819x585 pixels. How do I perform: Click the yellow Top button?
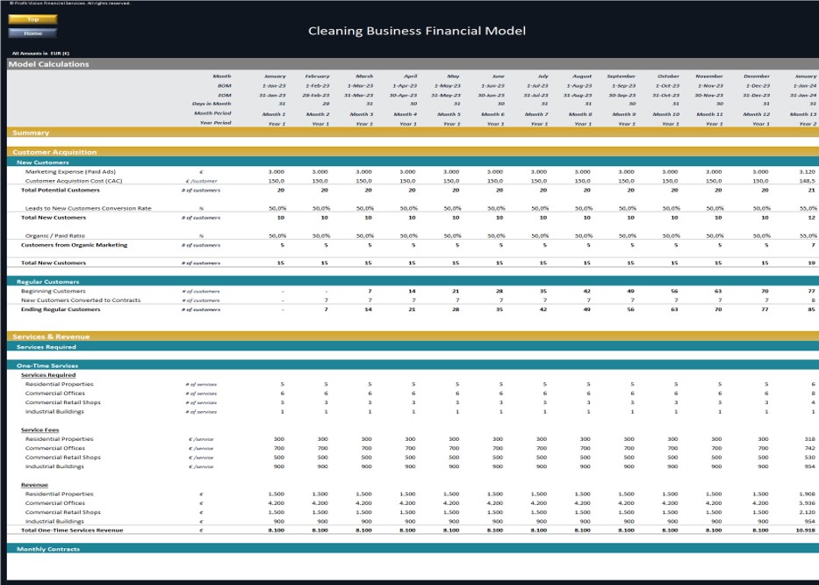32,18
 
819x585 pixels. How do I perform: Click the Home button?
32,33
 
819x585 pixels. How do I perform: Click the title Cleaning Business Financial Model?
417,31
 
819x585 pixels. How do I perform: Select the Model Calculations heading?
49,64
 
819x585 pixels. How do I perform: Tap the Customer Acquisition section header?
54,152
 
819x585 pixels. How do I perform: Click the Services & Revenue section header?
53,336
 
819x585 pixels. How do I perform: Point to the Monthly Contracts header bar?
48,549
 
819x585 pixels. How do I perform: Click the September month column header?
621,76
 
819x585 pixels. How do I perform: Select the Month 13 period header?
801,114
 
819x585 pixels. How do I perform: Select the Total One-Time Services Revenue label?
72,530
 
